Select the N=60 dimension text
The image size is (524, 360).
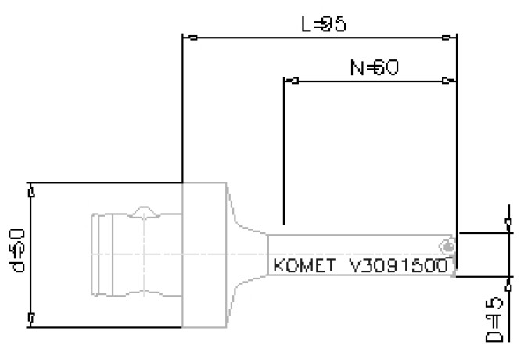tap(374, 68)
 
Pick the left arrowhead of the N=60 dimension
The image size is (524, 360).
tap(289, 80)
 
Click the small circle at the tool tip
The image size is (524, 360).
tap(447, 247)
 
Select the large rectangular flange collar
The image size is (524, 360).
tap(205, 254)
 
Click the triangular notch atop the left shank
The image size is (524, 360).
tap(145, 212)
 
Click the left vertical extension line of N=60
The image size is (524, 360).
tap(284, 149)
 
